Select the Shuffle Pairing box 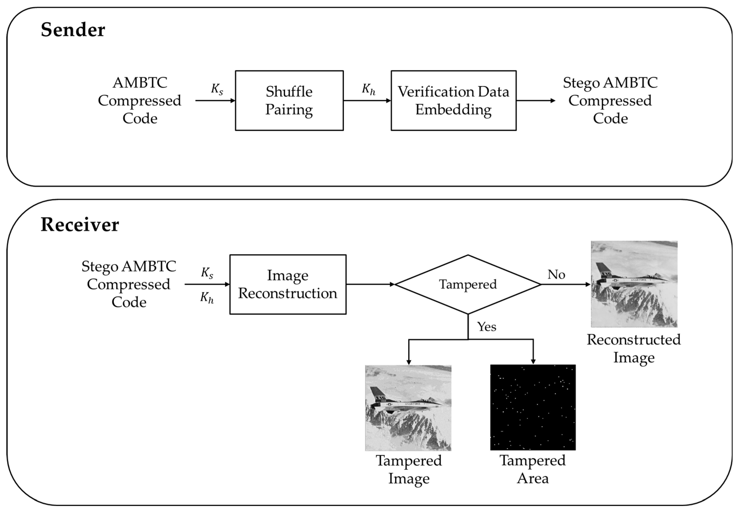click(289, 101)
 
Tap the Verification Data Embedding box click(453, 101)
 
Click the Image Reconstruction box click(288, 284)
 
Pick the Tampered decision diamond click(468, 284)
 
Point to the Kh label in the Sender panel click(368, 89)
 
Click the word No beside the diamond click(556, 275)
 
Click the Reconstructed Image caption click(634, 348)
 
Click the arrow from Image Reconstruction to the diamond click(370, 284)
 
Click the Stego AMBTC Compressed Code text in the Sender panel click(610, 101)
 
